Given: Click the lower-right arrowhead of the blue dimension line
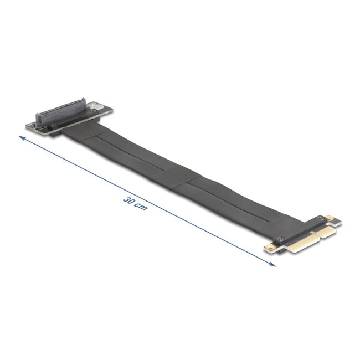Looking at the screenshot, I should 272,265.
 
